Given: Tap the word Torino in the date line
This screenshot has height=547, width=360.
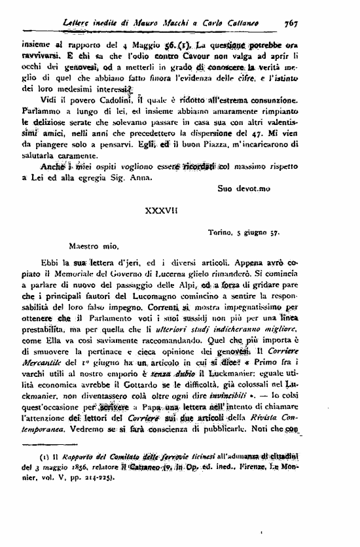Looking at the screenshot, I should (x=221, y=232).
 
